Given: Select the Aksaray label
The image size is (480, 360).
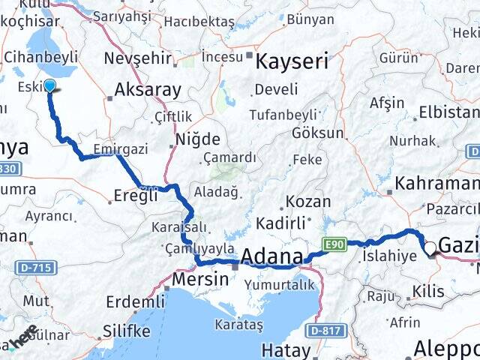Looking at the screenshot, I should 148,91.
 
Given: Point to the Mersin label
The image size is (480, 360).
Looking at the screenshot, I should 200,279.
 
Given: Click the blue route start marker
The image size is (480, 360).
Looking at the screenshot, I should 49,85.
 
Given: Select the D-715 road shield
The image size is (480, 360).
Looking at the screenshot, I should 31,268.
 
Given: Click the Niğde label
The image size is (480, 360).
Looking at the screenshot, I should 197,139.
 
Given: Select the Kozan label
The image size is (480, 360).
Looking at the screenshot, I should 307,202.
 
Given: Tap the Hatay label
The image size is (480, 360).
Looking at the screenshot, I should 286,350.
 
